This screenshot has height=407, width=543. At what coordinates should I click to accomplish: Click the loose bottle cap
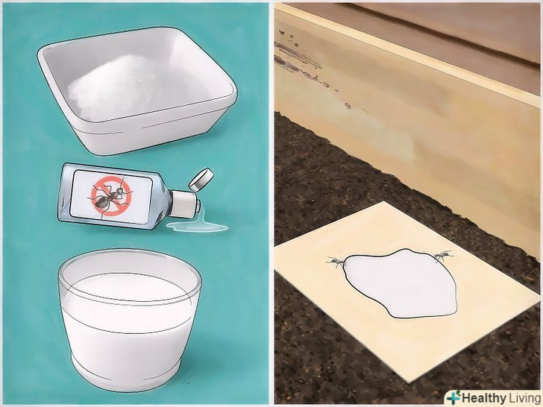point(201,179)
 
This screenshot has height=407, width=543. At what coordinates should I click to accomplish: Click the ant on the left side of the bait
point(336,262)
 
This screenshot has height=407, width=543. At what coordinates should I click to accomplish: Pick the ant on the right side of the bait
point(442,256)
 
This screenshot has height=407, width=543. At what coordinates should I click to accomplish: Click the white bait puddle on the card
point(401,283)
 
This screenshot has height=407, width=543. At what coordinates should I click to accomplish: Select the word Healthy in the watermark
point(484,397)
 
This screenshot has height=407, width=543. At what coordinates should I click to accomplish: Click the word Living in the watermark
point(524,397)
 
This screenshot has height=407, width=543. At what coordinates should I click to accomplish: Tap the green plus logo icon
point(453,397)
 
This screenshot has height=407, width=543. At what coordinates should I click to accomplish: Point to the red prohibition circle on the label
point(111,196)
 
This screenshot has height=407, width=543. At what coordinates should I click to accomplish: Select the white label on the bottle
point(112,197)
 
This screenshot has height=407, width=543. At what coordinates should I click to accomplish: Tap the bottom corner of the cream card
point(409,382)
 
